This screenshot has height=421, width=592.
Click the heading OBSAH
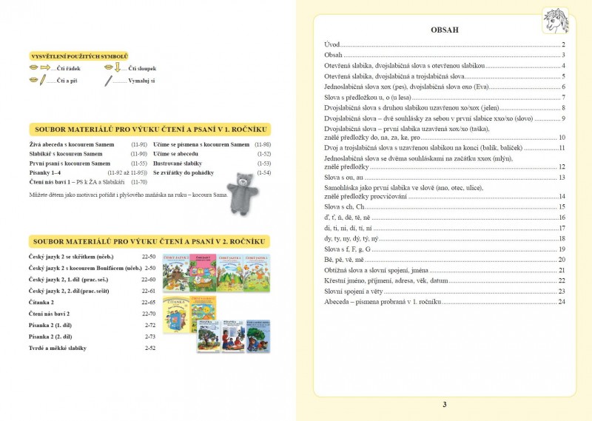coord(444,30)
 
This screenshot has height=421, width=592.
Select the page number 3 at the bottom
coord(444,404)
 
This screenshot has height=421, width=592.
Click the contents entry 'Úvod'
coord(332,45)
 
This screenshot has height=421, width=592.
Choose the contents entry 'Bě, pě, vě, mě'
coord(344,260)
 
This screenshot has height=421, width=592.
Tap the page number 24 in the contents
coord(562,302)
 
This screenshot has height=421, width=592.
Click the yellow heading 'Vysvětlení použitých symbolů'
coord(79,56)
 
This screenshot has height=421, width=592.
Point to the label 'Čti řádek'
coord(68,68)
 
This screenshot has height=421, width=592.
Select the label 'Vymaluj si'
coord(141,80)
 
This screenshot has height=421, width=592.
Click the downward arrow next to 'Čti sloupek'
coord(117,68)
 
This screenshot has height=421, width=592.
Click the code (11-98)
coord(262,144)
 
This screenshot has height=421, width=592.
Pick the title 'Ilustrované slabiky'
coord(181,163)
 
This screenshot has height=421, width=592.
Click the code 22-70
coord(148,314)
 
